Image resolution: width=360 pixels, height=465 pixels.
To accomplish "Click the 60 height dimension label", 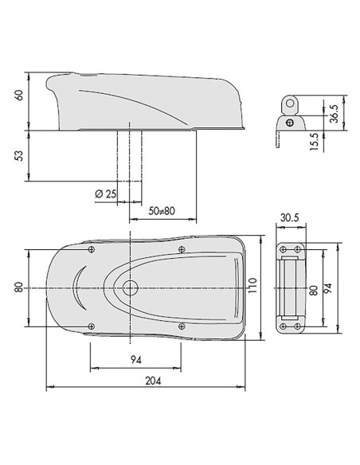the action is click(x=19, y=95).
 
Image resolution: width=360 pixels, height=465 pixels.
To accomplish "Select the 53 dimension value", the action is click(x=18, y=156).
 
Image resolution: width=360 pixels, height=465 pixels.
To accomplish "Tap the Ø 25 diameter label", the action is click(x=106, y=194).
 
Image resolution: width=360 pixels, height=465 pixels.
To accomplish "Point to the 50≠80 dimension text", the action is click(x=162, y=211).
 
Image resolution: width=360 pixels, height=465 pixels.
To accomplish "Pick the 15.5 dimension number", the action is click(x=314, y=142).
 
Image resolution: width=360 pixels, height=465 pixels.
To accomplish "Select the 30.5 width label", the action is click(x=290, y=217).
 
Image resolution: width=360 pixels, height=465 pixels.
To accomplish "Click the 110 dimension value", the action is click(x=252, y=286).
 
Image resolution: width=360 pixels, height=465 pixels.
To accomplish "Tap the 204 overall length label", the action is click(x=153, y=381).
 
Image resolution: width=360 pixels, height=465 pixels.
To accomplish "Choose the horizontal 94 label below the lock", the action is click(x=136, y=360).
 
